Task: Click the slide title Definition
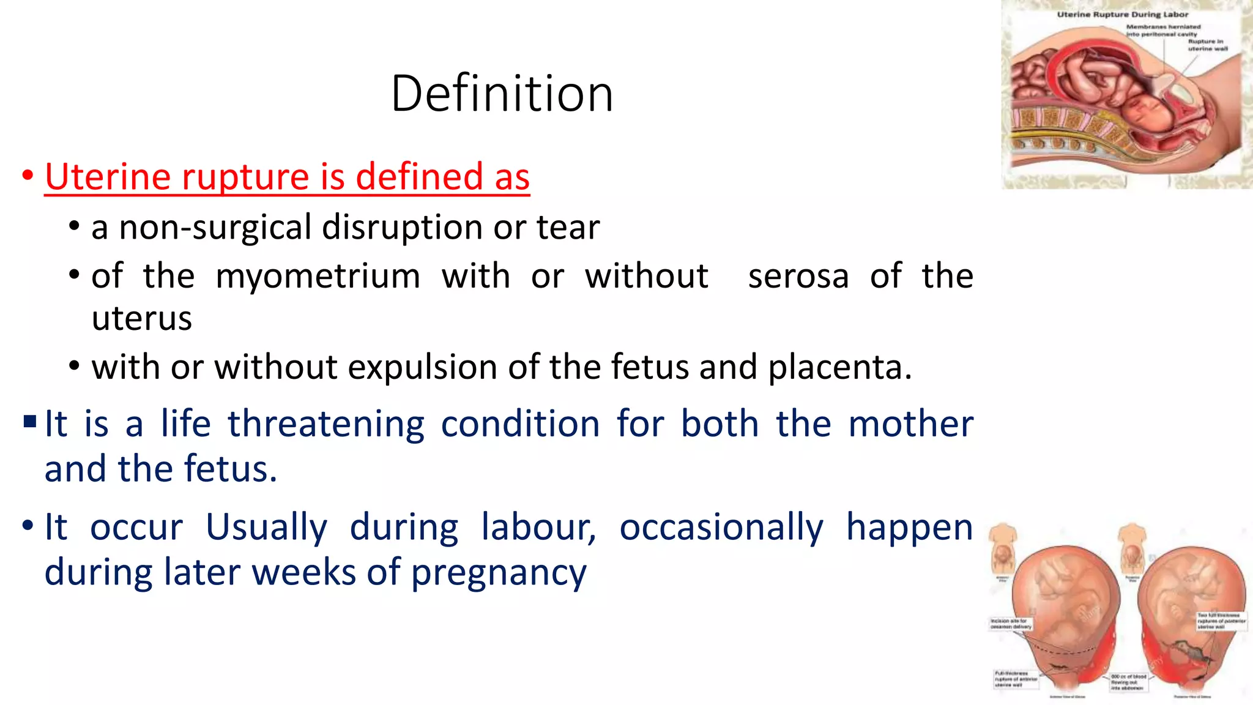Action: [x=502, y=93]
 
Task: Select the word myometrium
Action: [x=318, y=276]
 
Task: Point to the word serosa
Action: [x=798, y=276]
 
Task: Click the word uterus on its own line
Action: [x=141, y=319]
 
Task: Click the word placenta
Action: [x=839, y=367]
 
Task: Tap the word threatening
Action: [x=326, y=423]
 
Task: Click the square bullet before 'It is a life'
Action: [x=30, y=422]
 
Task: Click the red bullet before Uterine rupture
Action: [x=28, y=176]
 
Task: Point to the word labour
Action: [x=538, y=527]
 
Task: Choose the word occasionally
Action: [x=721, y=527]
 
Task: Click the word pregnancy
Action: [x=498, y=573]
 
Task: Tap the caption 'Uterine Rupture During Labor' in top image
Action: [x=1122, y=14]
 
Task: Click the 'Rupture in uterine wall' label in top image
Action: [x=1207, y=45]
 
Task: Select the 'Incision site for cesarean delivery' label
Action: [x=1010, y=624]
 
